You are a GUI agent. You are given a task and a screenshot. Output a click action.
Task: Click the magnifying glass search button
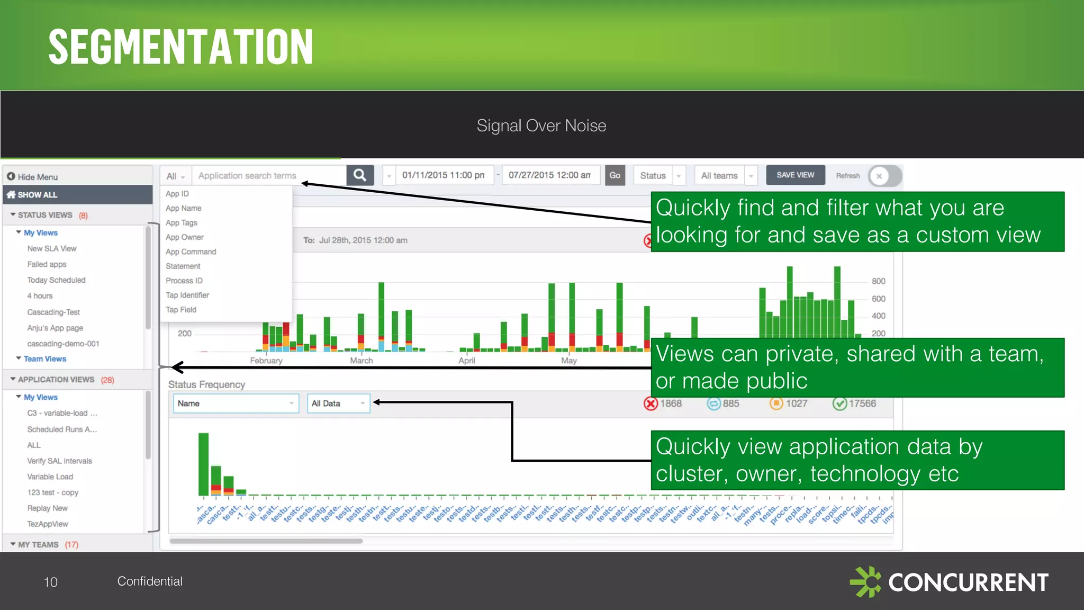pyautogui.click(x=360, y=175)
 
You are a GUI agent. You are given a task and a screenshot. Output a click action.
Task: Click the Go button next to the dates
pyautogui.click(x=615, y=175)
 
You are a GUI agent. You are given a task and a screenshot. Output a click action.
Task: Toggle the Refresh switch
pyautogui.click(x=884, y=176)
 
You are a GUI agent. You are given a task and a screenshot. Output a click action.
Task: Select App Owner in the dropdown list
pyautogui.click(x=184, y=237)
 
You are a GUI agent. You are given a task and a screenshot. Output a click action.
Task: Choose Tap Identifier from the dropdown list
pyautogui.click(x=187, y=295)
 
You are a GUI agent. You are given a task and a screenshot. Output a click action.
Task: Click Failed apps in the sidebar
pyautogui.click(x=47, y=264)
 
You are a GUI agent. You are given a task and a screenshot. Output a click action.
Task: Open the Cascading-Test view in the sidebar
pyautogui.click(x=53, y=312)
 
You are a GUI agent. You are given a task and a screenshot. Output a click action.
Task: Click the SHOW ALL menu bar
pyautogui.click(x=77, y=195)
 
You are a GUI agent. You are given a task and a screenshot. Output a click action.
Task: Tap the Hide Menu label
pyautogui.click(x=37, y=177)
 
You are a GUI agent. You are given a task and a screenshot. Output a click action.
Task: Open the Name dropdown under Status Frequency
pyautogui.click(x=236, y=403)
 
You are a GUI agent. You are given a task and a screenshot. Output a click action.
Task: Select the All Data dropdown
pyautogui.click(x=338, y=403)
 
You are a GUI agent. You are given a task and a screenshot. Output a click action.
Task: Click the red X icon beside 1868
pyautogui.click(x=651, y=403)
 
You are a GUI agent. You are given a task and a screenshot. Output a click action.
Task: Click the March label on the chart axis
pyautogui.click(x=362, y=361)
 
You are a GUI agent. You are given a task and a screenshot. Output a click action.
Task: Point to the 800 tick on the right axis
pyautogui.click(x=878, y=281)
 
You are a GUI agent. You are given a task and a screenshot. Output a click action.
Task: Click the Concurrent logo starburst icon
pyautogui.click(x=865, y=581)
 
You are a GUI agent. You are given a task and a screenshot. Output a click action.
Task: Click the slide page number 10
pyautogui.click(x=50, y=582)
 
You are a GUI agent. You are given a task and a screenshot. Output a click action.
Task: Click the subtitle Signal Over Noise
pyautogui.click(x=541, y=125)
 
